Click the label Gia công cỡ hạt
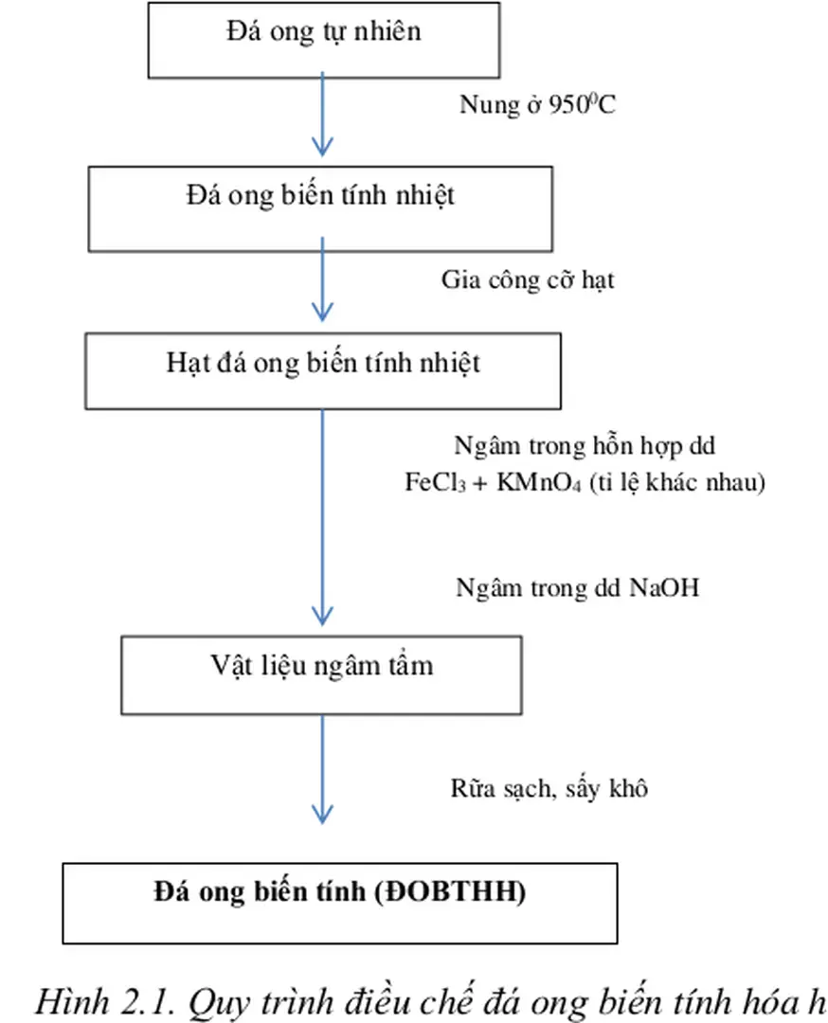(528, 281)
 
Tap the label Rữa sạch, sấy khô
(549, 788)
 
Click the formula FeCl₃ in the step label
(431, 482)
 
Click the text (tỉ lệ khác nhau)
(676, 482)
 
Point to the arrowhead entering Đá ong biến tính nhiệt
(322, 148)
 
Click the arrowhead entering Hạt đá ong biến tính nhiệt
(322, 312)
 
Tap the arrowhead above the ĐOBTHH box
(322, 815)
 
